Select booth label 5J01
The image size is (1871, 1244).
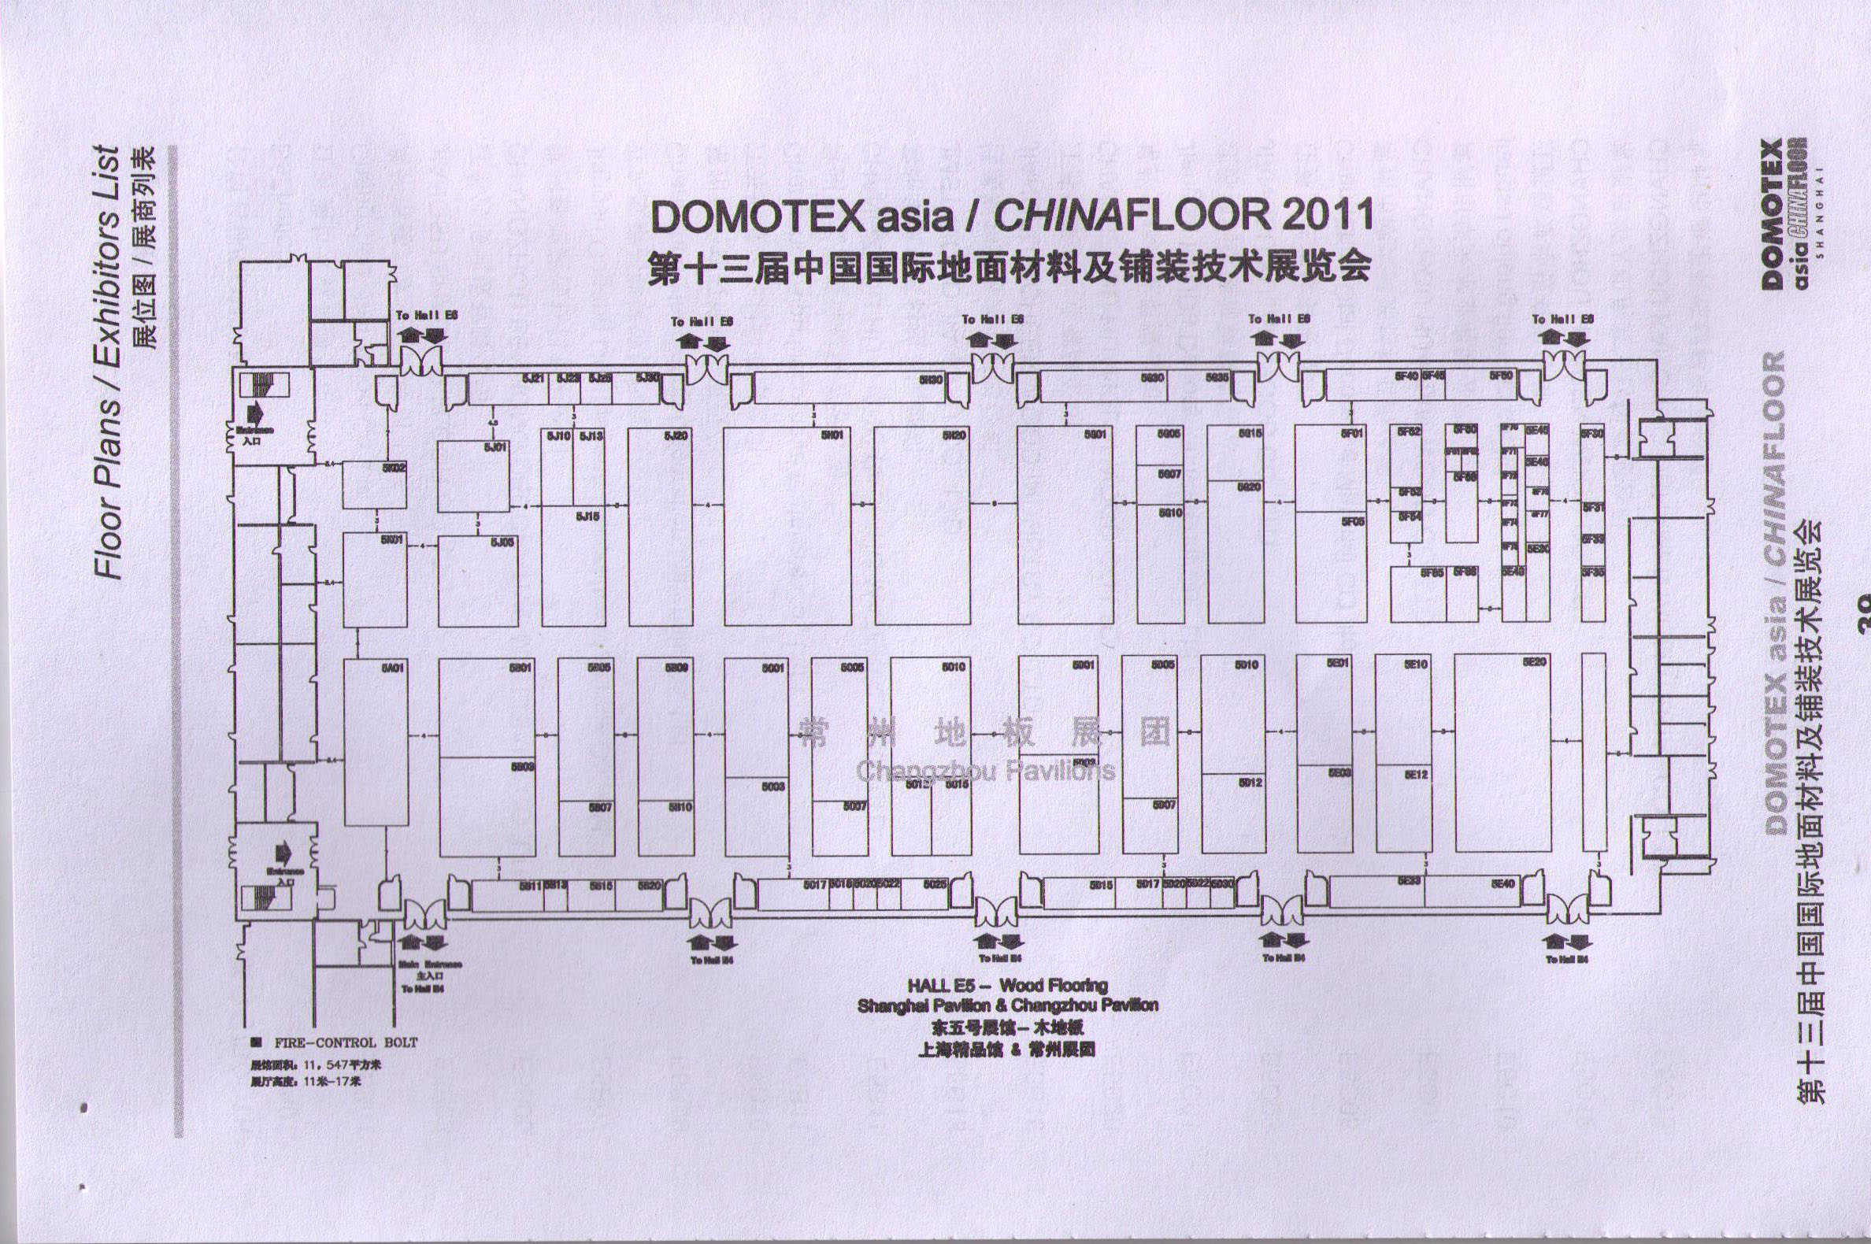click(x=495, y=447)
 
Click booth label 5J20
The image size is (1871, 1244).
click(x=676, y=435)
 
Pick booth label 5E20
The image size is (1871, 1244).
click(x=1535, y=661)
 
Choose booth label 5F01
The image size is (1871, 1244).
click(x=1352, y=434)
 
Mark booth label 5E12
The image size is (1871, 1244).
click(x=1417, y=774)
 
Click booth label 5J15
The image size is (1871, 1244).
click(x=587, y=516)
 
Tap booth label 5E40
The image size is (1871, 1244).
click(x=1502, y=884)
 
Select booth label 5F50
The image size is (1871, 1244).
click(x=1501, y=376)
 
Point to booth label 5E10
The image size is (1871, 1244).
click(x=1417, y=664)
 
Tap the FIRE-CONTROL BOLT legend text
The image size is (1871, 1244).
click(x=345, y=1042)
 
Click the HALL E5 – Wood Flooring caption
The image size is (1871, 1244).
click(x=1008, y=987)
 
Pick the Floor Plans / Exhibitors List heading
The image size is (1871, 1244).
click(x=108, y=361)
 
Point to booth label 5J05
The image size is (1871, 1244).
click(x=502, y=542)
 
